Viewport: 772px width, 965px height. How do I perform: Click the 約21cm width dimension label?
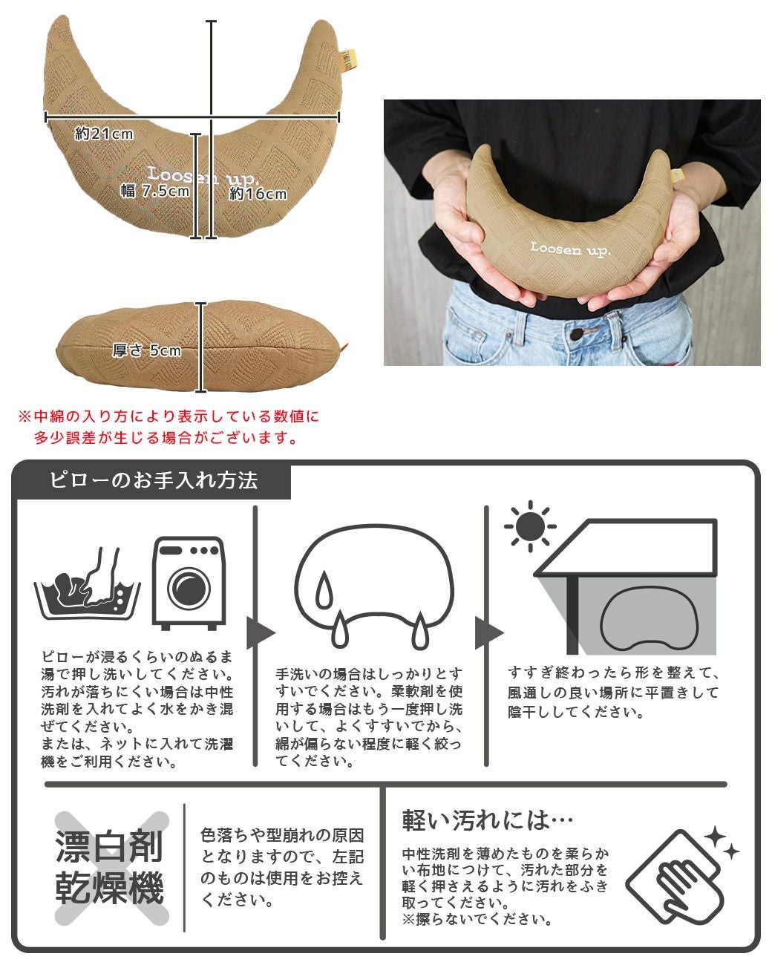click(x=104, y=134)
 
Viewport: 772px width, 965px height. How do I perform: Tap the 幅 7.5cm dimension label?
click(x=155, y=191)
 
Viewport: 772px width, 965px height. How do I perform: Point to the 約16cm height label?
click(x=258, y=194)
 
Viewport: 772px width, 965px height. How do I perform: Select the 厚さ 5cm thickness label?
click(x=146, y=350)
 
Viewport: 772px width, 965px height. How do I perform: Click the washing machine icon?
click(x=188, y=583)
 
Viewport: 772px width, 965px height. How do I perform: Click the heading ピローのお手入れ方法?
click(x=153, y=480)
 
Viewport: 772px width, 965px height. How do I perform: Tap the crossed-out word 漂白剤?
click(x=110, y=847)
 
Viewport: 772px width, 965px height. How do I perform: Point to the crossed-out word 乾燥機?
click(x=110, y=887)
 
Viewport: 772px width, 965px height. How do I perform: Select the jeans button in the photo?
click(x=575, y=336)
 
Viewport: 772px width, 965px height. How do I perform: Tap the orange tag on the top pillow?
click(x=350, y=61)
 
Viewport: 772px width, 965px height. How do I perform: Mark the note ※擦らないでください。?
click(x=477, y=920)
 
